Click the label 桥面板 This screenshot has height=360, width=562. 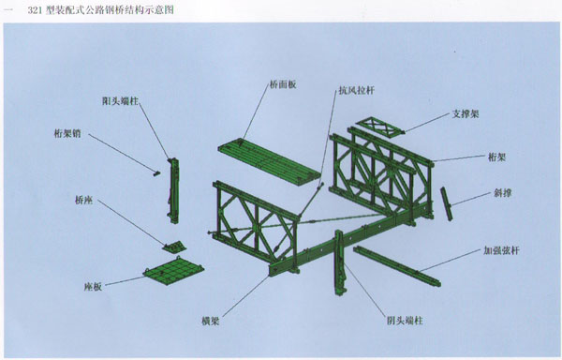283,85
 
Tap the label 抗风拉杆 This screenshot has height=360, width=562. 357,90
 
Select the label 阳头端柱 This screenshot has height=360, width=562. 120,101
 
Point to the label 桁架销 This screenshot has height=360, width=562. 67,134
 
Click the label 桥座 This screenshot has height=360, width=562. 84,200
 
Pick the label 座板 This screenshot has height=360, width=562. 93,287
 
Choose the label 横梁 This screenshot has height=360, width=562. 211,321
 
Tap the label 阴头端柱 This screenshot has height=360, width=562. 405,321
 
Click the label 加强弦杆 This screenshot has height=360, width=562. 501,250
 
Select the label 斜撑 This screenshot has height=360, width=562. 502,193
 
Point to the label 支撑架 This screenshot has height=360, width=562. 466,114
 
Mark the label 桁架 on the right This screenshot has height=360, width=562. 497,157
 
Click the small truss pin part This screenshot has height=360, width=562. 156,173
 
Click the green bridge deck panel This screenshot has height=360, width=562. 270,161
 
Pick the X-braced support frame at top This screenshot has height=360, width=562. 380,127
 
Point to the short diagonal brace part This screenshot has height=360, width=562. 446,203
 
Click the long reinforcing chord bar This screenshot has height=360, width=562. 397,266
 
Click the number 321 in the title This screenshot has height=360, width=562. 36,10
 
